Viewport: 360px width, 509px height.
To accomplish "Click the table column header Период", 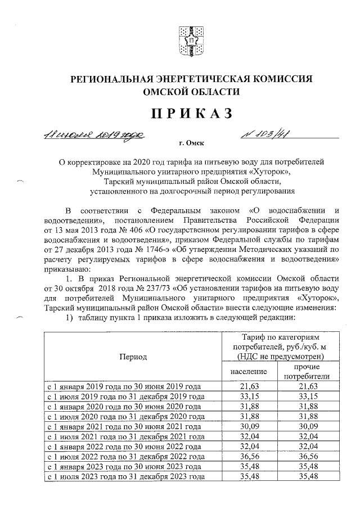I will (x=133, y=357).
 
